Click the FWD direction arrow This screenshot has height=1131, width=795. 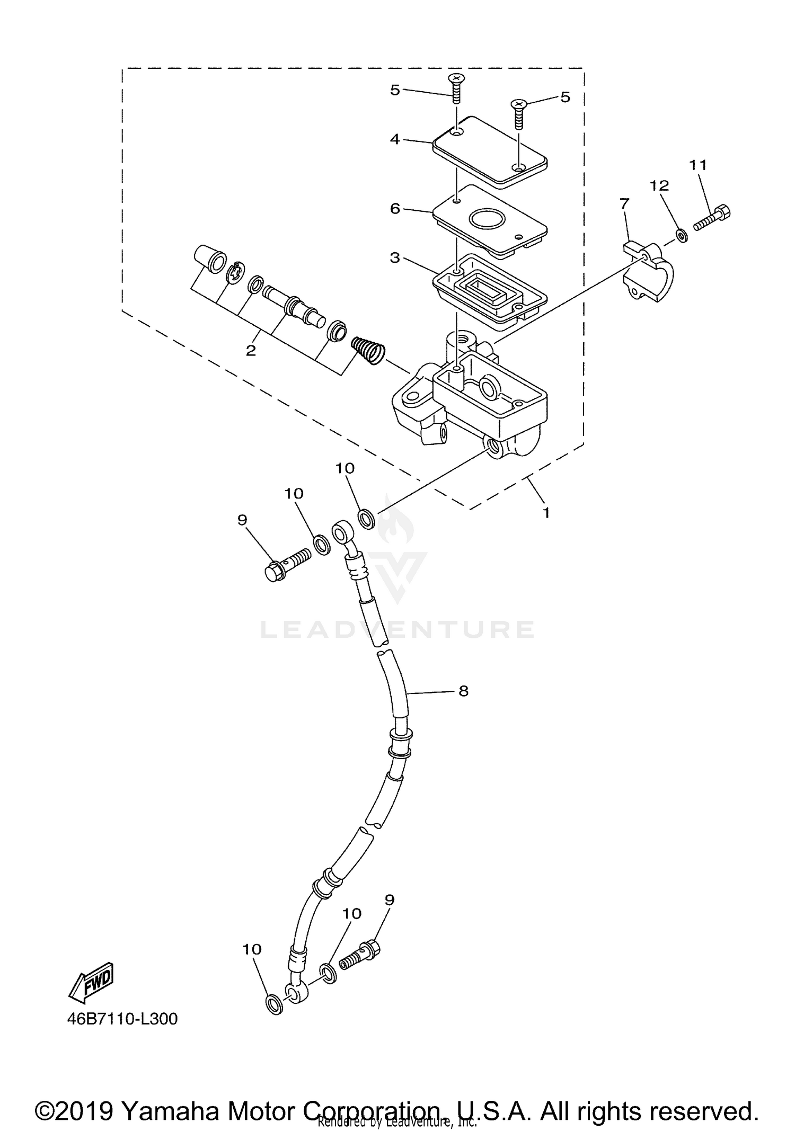pos(91,982)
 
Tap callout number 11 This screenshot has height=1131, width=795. pos(698,165)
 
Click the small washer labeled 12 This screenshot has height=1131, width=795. pos(682,234)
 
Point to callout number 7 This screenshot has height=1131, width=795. pos(624,203)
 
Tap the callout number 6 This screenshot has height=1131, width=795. pos(395,209)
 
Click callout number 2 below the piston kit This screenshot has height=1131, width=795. pos(251,350)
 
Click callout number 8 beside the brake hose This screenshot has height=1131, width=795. pos(463,691)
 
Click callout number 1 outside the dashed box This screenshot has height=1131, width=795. pos(546,513)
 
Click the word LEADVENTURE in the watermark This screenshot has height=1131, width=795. pos(397,630)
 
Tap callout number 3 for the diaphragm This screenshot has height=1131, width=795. pos(395,258)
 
